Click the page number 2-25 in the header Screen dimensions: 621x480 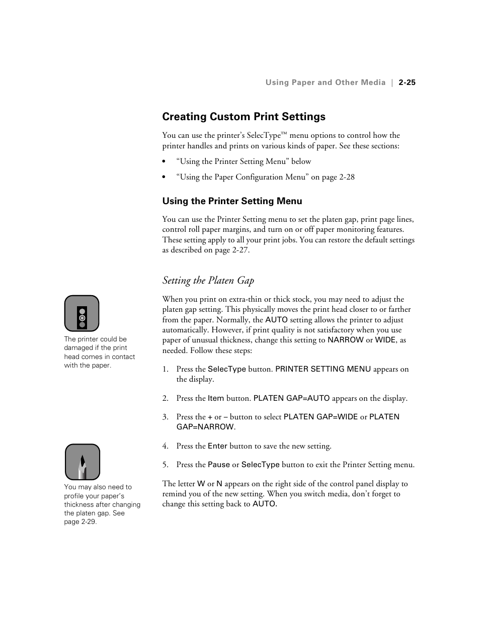point(407,82)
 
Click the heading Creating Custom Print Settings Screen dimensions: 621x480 point(244,117)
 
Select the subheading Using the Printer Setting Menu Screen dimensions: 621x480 point(232,201)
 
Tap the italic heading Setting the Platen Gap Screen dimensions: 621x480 point(208,281)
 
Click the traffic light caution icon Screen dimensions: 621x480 point(82,313)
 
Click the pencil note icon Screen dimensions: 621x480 point(83,462)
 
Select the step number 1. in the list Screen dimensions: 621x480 point(165,369)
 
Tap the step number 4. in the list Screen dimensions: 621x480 point(165,446)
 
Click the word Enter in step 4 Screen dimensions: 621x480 point(217,446)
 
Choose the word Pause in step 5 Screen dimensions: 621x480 point(218,465)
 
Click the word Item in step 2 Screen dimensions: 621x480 point(216,398)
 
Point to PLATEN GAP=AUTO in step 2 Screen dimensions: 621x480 point(291,398)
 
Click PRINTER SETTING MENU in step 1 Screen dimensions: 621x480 point(323,369)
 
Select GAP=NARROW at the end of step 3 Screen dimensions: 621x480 point(205,427)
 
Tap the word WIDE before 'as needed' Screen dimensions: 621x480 point(385,340)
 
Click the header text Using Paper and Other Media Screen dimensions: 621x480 point(326,82)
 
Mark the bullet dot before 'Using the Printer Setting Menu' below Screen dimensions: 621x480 point(164,162)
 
